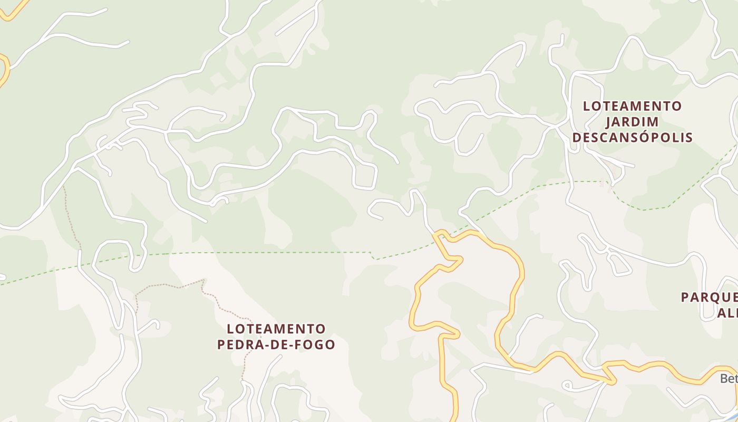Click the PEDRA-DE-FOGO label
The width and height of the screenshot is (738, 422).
[x=276, y=344]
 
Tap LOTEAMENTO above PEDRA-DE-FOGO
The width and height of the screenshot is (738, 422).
[x=276, y=329]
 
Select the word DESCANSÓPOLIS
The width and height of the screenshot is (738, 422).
[x=632, y=138]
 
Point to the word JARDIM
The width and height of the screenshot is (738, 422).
[x=632, y=122]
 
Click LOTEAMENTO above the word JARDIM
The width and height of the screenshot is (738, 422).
[x=632, y=106]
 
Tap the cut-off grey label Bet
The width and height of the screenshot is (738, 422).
[x=729, y=378]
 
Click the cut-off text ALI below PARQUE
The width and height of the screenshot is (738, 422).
[x=727, y=313]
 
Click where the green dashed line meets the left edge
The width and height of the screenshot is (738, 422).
[x=2, y=284]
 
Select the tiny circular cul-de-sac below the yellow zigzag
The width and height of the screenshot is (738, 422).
[x=567, y=387]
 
